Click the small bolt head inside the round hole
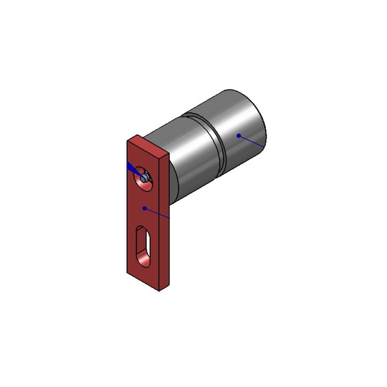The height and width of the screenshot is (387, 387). (145, 178)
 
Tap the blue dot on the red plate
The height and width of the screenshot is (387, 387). (144, 208)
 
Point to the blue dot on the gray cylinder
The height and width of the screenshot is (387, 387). (238, 135)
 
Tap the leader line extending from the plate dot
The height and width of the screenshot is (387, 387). (158, 213)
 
